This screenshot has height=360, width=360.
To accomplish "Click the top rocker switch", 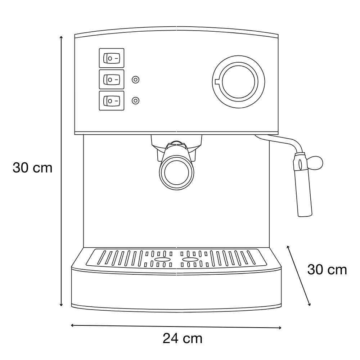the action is pos(112,58).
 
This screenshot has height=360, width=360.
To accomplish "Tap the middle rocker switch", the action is pos(112,80).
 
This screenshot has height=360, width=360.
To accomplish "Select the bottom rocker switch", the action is pos(112,101).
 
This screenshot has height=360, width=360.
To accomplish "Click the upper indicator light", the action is pos(135,80).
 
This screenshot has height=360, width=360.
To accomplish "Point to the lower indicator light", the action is pos(135,100).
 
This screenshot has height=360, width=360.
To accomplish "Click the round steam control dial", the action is pos(239,82).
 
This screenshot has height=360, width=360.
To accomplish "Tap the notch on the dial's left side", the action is pos(217,82).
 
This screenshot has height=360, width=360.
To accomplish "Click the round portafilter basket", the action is pos(176,172).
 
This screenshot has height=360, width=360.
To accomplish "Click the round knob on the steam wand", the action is pos(315,163).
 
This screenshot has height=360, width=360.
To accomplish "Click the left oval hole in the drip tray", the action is pos(163,260).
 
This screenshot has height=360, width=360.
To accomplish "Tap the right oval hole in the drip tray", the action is pos(190,260).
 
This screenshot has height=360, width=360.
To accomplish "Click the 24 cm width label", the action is pos(183,338).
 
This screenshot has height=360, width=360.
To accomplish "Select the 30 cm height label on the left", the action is pos(33,168).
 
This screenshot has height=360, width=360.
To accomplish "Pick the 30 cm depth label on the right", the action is pos(327,270).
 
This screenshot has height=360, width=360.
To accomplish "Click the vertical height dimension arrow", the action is pos(61,171).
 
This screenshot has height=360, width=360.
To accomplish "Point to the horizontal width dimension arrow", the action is pos(176,327).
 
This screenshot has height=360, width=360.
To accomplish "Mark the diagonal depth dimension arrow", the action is pos(299,275).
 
